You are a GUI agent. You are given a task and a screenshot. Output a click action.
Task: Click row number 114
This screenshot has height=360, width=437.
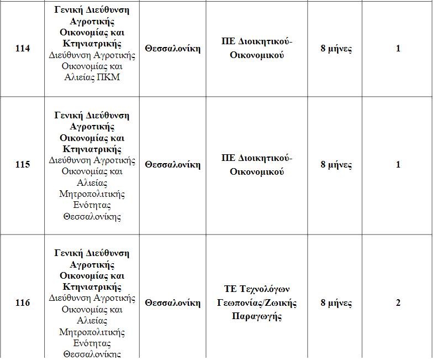point(23,49)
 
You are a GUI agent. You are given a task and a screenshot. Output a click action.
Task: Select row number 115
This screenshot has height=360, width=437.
point(23,165)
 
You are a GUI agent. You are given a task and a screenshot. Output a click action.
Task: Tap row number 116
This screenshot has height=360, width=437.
point(23,303)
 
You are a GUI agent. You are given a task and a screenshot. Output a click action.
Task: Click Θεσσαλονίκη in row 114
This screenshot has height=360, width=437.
point(173,49)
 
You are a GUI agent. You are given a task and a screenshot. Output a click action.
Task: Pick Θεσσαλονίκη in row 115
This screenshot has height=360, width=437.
point(173,165)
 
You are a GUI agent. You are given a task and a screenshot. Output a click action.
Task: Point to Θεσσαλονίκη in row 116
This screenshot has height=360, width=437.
point(173,303)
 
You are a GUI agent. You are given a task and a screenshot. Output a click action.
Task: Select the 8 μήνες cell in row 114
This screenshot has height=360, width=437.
point(336,49)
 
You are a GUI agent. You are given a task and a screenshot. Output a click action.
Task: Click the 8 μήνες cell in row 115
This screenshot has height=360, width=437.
point(336,165)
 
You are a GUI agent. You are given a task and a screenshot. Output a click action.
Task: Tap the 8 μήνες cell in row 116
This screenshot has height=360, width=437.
point(336,303)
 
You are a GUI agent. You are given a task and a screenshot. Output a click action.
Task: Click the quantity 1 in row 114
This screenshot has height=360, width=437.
point(398,49)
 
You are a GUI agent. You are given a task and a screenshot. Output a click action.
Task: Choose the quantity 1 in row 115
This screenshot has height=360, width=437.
point(398,165)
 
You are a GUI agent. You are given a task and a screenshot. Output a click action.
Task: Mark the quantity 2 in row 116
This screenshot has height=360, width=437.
point(398,303)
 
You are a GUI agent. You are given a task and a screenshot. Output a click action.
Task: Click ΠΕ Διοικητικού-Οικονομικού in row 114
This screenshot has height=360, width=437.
point(257,49)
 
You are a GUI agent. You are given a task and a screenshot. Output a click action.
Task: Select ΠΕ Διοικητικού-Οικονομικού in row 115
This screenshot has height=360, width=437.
point(257,165)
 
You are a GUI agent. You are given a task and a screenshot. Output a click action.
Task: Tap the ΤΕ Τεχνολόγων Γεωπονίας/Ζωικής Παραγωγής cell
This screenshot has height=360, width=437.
point(257,303)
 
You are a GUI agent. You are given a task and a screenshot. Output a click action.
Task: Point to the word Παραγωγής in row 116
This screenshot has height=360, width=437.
point(257,317)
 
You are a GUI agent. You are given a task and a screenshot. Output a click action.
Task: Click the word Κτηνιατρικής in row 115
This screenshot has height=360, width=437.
point(92,149)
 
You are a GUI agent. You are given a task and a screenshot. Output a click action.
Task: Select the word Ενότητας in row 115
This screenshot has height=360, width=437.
point(92,205)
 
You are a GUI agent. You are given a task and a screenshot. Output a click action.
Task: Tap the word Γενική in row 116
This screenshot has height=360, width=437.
point(69,253)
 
